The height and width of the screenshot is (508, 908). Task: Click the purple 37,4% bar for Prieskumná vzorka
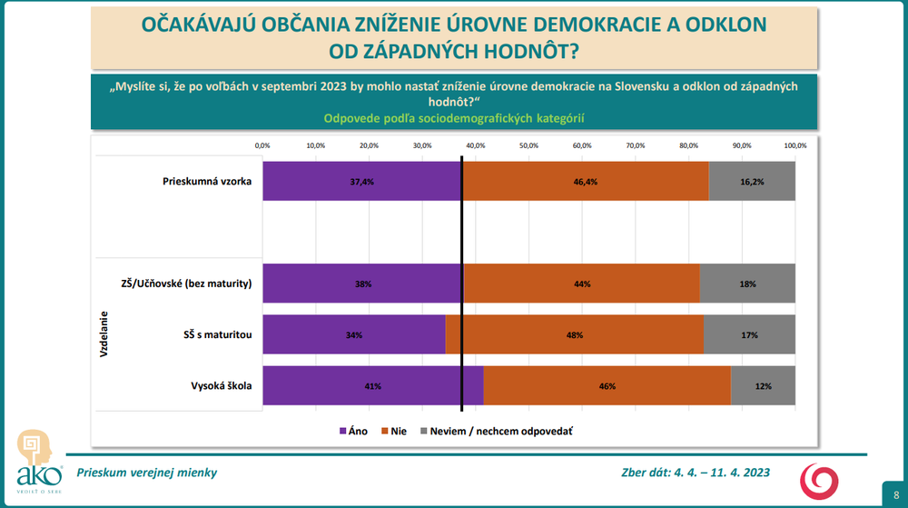(x=361, y=182)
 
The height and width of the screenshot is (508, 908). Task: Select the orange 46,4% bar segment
(x=585, y=182)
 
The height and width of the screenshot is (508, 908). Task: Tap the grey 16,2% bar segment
(x=752, y=182)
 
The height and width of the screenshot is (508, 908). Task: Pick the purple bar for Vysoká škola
(x=373, y=385)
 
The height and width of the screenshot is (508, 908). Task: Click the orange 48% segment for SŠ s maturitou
(x=575, y=334)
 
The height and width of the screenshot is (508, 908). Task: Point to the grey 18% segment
(x=747, y=284)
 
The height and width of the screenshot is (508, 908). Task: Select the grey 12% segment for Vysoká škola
(x=763, y=385)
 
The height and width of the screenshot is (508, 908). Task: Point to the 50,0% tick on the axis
(x=528, y=145)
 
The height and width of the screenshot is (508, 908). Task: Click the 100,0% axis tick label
(x=794, y=145)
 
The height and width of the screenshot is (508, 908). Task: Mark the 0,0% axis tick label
(x=262, y=145)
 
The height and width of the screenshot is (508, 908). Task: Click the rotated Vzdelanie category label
(x=104, y=334)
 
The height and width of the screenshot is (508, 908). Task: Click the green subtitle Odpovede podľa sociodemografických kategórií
(x=452, y=118)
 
